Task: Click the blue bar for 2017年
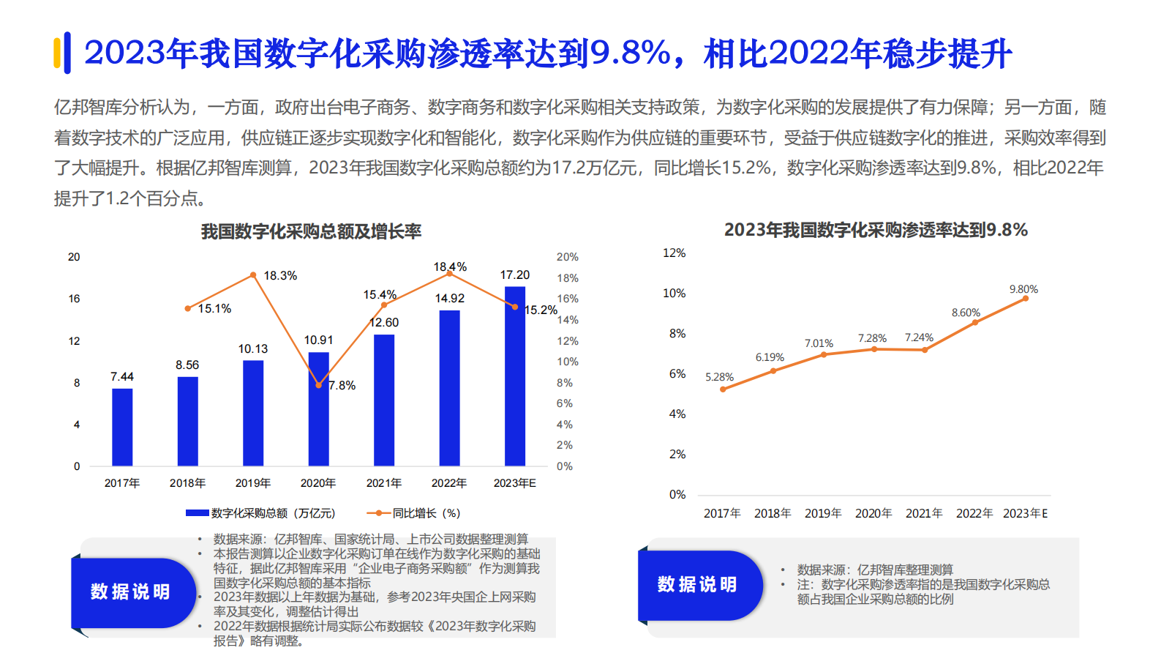[x=122, y=427]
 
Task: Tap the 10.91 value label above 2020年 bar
[x=318, y=340]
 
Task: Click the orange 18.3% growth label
[x=280, y=276]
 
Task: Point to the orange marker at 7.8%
[x=318, y=385]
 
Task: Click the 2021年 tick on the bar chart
[x=384, y=483]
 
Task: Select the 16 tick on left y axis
[x=74, y=299]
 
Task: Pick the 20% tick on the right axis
[x=567, y=257]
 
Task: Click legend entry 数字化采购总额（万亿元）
[x=261, y=513]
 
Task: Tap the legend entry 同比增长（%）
[x=414, y=513]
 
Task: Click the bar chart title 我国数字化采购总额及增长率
[x=311, y=232]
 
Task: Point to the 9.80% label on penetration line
[x=1023, y=289]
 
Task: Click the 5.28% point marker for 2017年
[x=723, y=389]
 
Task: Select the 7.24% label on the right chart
[x=919, y=337]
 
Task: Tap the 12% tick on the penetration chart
[x=674, y=253]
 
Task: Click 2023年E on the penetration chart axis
[x=1025, y=514]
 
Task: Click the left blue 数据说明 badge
[x=131, y=592]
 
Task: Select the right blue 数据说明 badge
[x=698, y=584]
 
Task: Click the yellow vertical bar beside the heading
[x=57, y=53]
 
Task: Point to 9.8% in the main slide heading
[x=631, y=53]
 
